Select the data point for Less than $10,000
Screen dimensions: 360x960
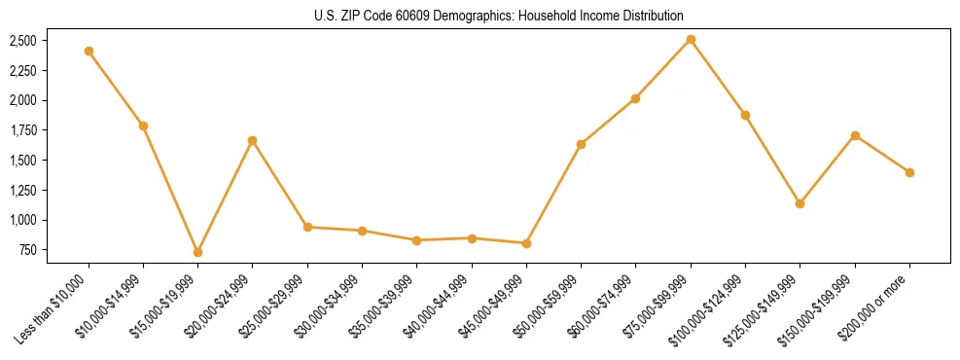point(89,51)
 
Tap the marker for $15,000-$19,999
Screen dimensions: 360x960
point(197,252)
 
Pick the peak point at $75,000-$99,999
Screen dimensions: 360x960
point(691,39)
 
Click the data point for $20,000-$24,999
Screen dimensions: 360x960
point(252,140)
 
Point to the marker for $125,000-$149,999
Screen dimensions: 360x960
point(800,203)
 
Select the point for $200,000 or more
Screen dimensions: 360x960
point(909,172)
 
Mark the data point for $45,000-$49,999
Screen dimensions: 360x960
point(526,243)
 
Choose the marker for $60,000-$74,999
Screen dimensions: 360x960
point(635,98)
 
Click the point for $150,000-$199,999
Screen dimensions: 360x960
point(855,135)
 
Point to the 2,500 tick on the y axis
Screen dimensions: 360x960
point(21,41)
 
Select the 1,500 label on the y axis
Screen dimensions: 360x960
point(21,161)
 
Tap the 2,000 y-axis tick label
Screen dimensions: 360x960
point(21,100)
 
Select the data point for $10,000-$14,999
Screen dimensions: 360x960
point(143,126)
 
